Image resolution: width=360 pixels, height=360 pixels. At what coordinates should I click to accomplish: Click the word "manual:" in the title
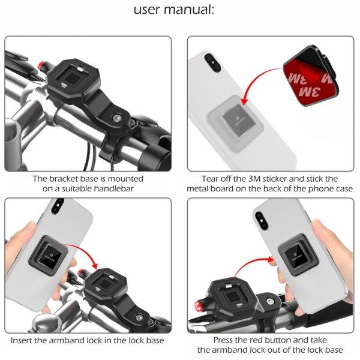[x=189, y=10]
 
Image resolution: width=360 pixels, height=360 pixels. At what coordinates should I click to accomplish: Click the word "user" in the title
[x=147, y=10]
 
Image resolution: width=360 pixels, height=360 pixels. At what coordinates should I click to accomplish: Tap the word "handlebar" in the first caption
[x=113, y=189]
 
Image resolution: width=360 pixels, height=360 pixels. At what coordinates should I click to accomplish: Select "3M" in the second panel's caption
[x=254, y=179]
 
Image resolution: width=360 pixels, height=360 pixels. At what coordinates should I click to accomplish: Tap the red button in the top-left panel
[x=41, y=65]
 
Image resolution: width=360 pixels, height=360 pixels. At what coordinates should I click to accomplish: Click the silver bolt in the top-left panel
[x=116, y=118]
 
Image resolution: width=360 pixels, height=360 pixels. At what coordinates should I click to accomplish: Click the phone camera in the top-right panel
[x=212, y=62]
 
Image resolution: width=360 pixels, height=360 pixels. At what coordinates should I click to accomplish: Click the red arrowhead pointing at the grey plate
[x=245, y=101]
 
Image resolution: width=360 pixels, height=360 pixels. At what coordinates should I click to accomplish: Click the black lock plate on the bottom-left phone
[x=49, y=256]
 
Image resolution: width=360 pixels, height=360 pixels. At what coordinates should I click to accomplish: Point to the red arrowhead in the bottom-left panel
[x=95, y=265]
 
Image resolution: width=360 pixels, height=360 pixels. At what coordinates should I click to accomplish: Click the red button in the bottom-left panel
[x=82, y=273]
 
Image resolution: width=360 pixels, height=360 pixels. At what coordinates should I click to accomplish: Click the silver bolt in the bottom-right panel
[x=269, y=301]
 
